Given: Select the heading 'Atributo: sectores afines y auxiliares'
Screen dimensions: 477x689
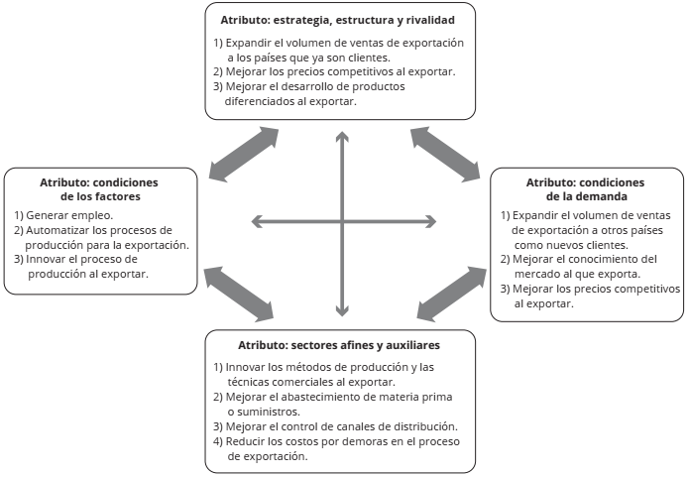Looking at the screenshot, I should click(x=338, y=344).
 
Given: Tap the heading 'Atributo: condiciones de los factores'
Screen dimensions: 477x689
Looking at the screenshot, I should click(x=99, y=188).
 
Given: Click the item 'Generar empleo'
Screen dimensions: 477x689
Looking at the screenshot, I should click(x=63, y=215).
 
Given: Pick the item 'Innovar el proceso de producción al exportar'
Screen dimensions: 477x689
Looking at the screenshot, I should click(x=89, y=266).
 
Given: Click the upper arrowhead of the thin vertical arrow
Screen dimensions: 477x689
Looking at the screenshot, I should click(x=342, y=136).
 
